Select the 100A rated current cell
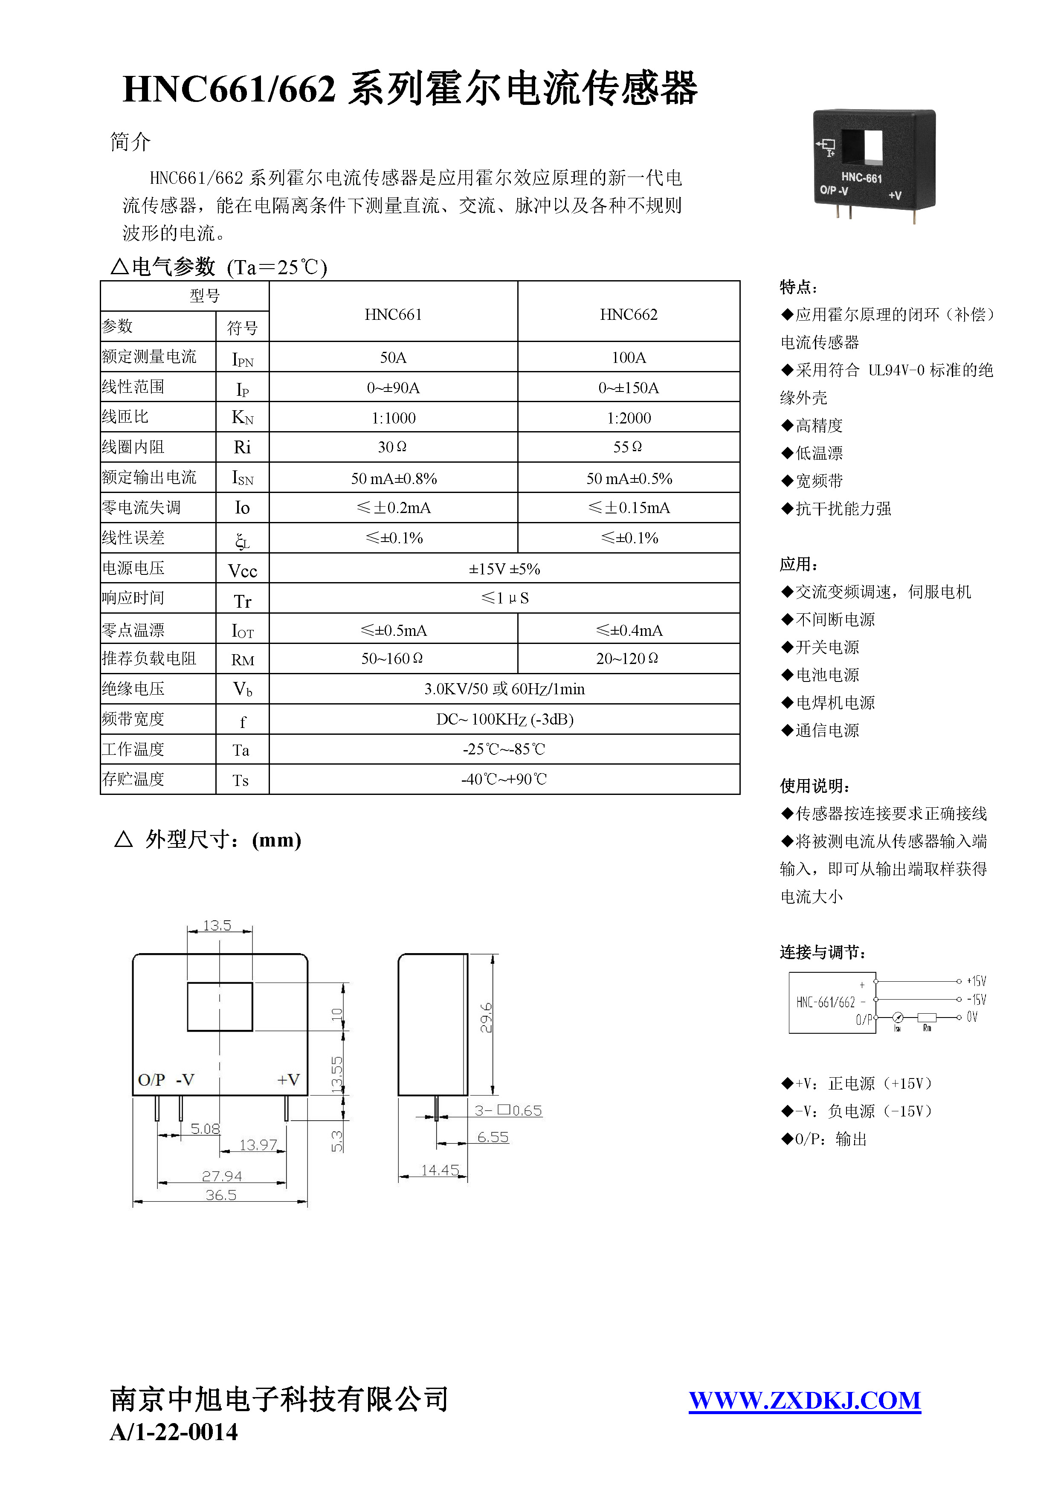628,357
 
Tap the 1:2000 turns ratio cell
628,417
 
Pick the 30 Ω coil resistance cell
392,447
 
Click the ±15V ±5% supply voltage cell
504,569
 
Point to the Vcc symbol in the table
242,571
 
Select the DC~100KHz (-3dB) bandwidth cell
504,719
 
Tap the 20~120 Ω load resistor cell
627,659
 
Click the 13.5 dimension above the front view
217,925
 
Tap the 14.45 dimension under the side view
440,1170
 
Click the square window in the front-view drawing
220,1007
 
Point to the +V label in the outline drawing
288,1080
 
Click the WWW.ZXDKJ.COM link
805,1400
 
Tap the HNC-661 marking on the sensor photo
861,177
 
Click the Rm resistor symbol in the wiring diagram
926,1017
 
